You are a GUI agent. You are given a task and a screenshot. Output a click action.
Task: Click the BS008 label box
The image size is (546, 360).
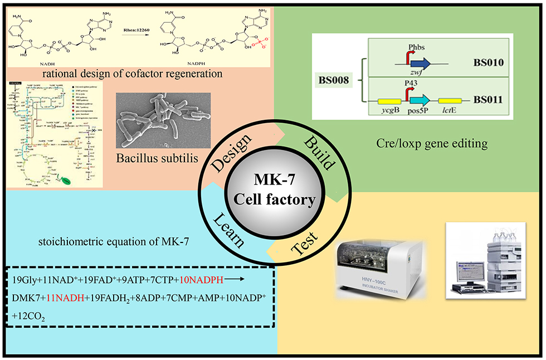(334, 80)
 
